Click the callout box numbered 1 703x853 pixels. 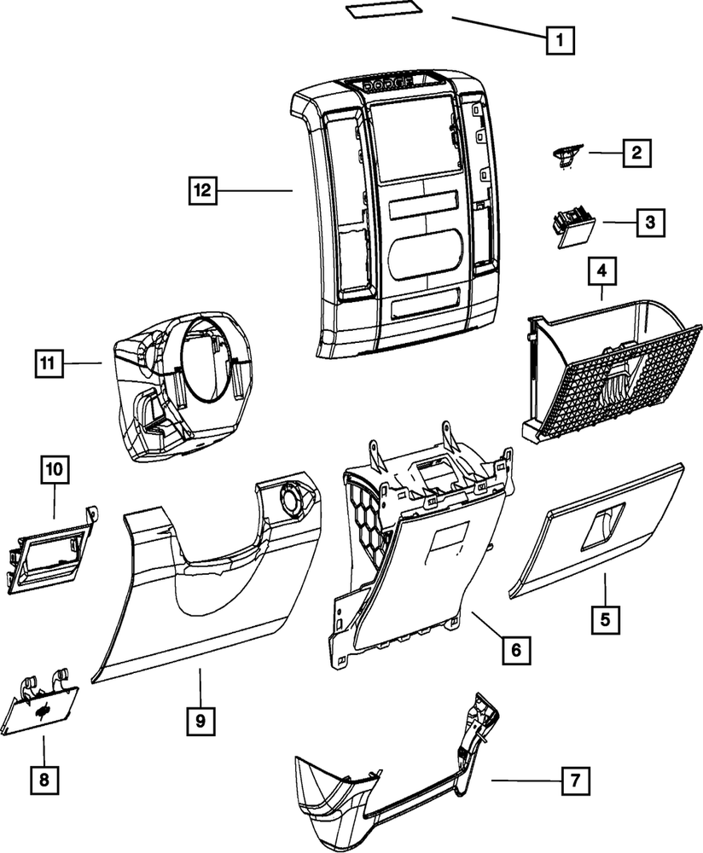(x=559, y=39)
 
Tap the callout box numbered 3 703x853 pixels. (x=649, y=223)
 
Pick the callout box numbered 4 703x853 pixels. (x=602, y=271)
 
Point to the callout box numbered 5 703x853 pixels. (x=605, y=618)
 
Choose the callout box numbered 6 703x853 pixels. (x=516, y=650)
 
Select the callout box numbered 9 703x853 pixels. (x=200, y=722)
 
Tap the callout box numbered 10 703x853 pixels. (x=55, y=468)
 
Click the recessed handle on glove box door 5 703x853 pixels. (x=604, y=519)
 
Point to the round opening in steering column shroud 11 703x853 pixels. (x=202, y=357)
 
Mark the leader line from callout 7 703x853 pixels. (x=526, y=780)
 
